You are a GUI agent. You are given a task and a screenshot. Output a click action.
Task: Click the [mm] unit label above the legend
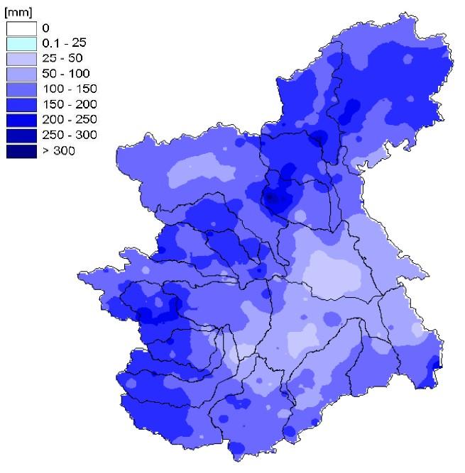16,11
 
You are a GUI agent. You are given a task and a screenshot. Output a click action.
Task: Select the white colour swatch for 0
21,28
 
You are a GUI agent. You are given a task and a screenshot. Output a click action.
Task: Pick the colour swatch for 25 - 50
21,58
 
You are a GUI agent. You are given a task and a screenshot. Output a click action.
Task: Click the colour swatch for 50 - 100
21,74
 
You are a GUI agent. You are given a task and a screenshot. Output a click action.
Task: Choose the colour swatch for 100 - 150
21,89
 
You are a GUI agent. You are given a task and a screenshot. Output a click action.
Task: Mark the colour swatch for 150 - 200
21,104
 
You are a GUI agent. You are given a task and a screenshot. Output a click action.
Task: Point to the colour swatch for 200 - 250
21,120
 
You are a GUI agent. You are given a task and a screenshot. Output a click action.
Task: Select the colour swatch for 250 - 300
21,135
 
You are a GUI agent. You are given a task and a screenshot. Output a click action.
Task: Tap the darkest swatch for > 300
21,150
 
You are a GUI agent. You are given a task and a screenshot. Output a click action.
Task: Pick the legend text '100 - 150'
64,89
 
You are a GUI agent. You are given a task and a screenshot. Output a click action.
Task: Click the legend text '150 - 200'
64,105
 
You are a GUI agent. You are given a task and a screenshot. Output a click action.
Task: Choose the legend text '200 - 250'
64,120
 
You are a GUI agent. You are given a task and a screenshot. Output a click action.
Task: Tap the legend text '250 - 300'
64,135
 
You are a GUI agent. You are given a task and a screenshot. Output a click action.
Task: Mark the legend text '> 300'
56,151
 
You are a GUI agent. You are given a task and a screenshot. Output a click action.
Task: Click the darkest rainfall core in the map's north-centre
272,199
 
